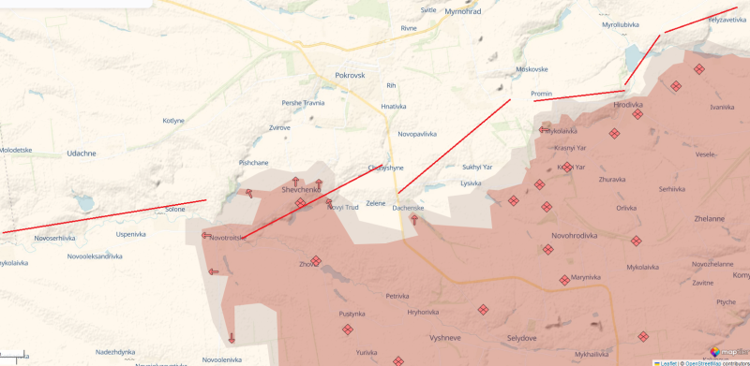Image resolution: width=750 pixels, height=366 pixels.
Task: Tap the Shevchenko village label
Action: (x=302, y=190)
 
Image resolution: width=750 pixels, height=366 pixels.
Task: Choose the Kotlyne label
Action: (x=174, y=121)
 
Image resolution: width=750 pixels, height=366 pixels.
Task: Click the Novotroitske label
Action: (x=228, y=238)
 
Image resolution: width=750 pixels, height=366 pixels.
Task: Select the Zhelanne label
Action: (x=709, y=218)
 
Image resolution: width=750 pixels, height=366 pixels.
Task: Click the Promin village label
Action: (x=542, y=94)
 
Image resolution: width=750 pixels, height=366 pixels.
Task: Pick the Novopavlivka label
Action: (x=417, y=134)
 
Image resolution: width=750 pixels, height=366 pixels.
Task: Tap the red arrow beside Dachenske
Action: (x=413, y=218)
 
